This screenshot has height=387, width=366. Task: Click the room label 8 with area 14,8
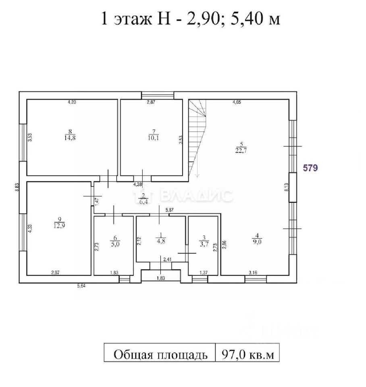point(70,135)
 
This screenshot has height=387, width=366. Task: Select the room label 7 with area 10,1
point(154,135)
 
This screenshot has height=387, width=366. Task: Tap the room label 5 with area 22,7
point(241,148)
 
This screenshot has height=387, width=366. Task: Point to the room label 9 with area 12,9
point(59,223)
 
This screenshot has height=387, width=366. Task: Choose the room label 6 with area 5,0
point(115,241)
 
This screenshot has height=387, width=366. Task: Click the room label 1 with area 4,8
point(161,238)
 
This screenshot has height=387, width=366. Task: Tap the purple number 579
point(310,168)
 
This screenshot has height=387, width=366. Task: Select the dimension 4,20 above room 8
point(72,102)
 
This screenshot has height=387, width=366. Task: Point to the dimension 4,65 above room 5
point(237,102)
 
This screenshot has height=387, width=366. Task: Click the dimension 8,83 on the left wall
point(17,187)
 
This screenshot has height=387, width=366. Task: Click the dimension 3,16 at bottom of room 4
point(253,273)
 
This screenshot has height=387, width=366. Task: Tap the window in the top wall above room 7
point(158,95)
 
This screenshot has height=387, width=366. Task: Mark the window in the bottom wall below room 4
point(256,279)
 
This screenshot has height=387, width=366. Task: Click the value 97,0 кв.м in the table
point(248,355)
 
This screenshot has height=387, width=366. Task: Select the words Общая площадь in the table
point(160,355)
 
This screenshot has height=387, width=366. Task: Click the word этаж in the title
point(133,19)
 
